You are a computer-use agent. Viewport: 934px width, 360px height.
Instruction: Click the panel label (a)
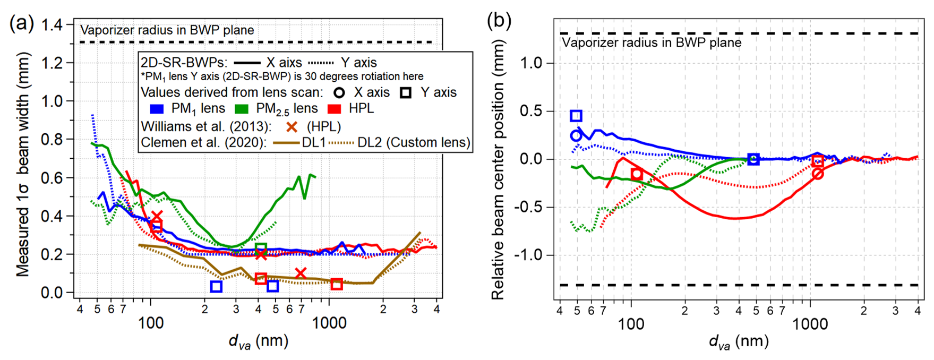click(21, 23)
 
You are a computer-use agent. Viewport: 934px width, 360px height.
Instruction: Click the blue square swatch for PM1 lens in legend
click(157, 109)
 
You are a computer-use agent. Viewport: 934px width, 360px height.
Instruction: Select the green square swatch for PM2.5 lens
click(242, 109)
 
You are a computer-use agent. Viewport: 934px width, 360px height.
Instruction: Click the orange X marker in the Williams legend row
click(292, 127)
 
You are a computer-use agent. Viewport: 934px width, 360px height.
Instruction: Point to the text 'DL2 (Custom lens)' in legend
click(414, 143)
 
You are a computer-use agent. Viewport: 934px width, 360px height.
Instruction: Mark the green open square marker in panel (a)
click(260, 248)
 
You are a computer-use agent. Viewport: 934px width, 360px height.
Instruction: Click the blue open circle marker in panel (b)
click(576, 136)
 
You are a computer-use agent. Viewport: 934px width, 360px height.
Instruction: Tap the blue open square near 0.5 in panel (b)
click(576, 116)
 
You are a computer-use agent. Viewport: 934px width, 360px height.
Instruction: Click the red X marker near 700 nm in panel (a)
click(301, 273)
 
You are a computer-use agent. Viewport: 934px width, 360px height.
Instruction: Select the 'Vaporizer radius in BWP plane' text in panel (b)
click(652, 42)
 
